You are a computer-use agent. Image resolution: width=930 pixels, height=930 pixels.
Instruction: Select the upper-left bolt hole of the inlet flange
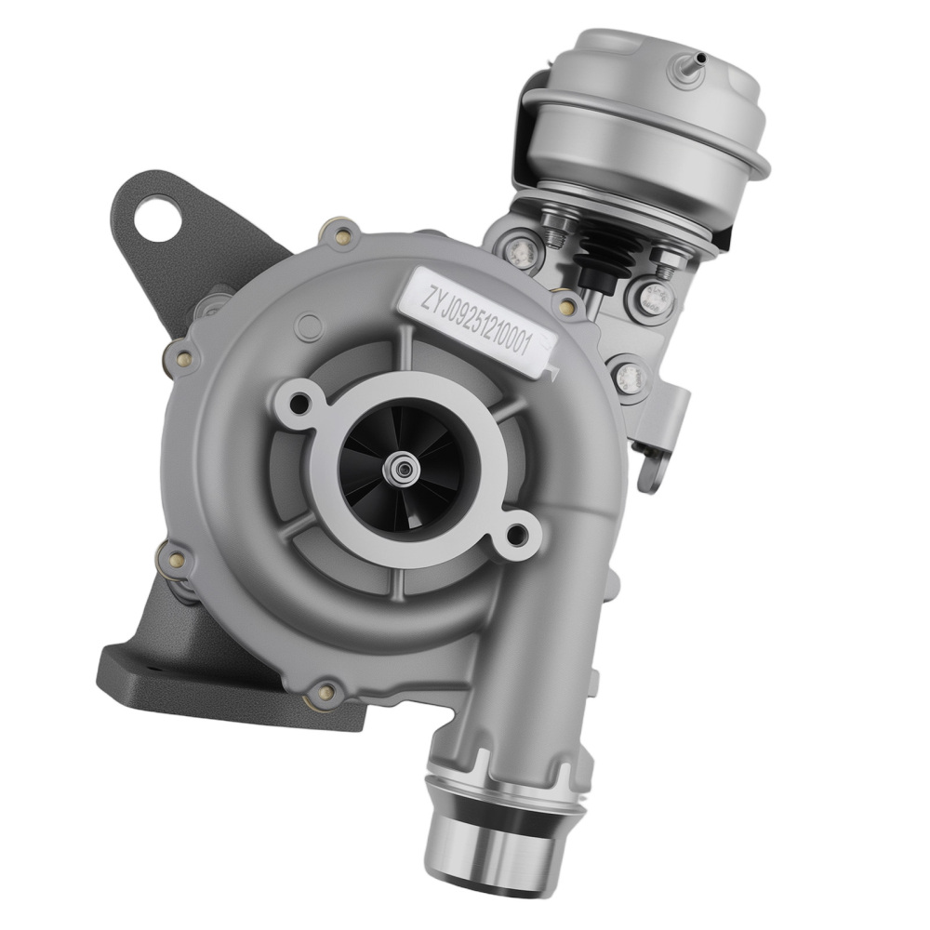tap(300, 403)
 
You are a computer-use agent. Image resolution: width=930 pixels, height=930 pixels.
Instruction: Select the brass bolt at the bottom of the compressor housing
tap(325, 691)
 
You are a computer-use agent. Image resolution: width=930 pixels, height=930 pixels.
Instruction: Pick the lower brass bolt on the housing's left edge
tap(174, 560)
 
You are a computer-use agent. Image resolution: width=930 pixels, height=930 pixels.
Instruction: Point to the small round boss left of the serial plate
tap(306, 327)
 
